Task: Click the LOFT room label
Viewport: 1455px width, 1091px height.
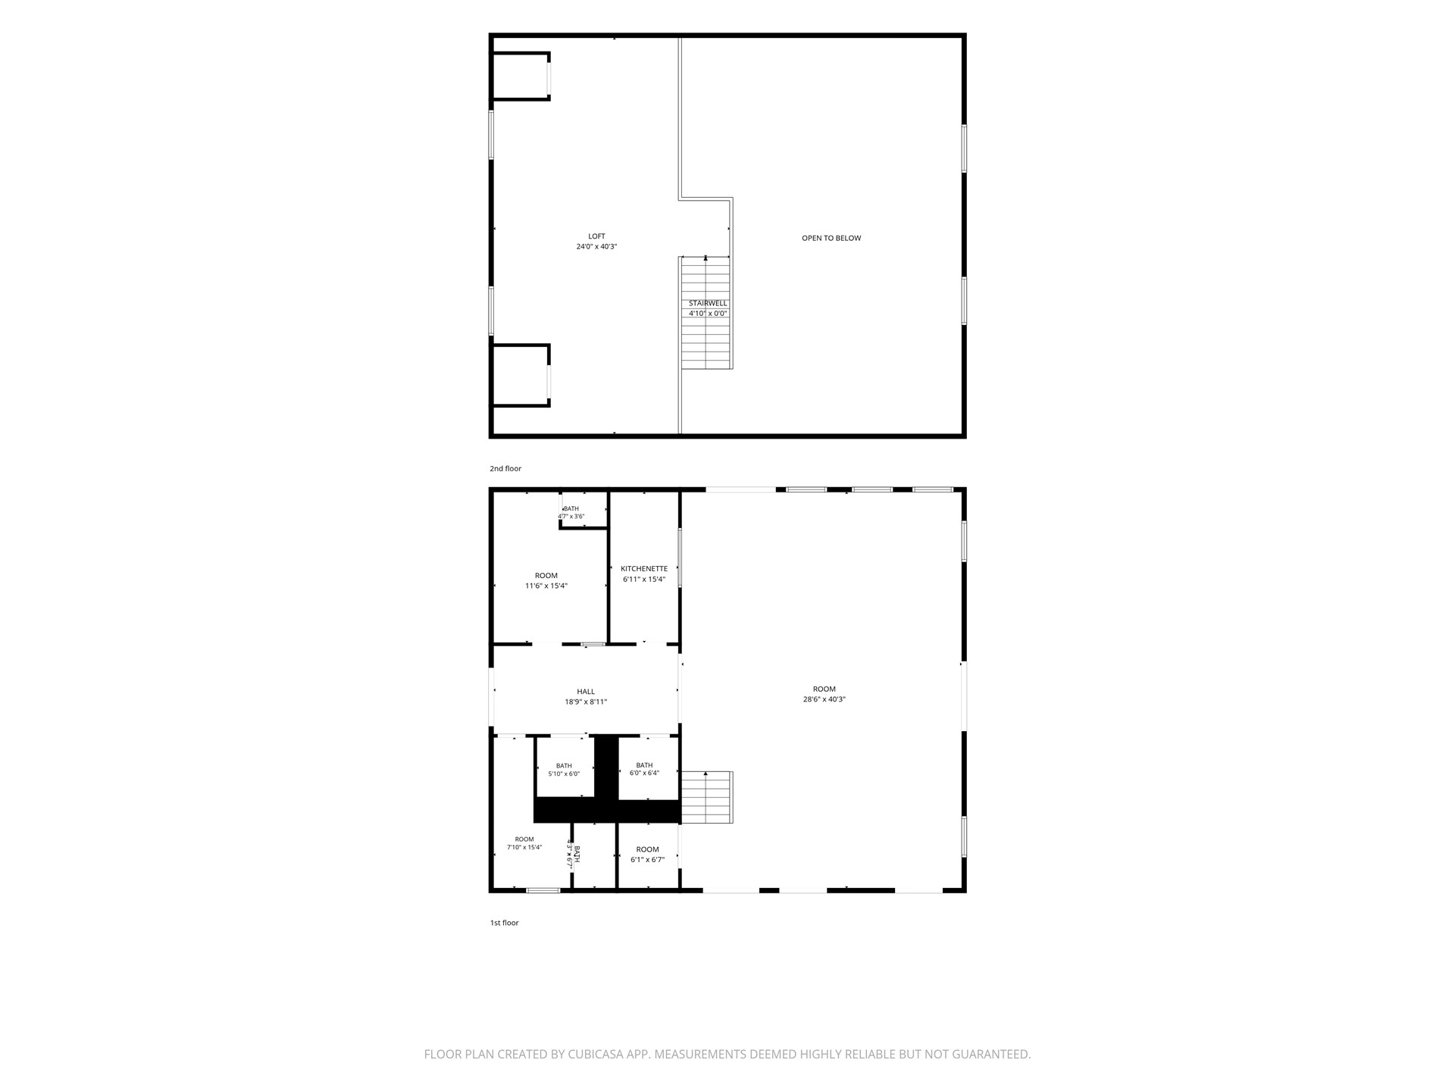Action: tap(597, 236)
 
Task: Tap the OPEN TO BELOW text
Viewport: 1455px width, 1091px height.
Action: tap(831, 238)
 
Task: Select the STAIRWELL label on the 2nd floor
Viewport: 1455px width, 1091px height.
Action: tap(708, 303)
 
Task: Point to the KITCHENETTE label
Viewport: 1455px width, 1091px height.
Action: tap(644, 569)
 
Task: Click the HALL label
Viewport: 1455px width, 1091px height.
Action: tap(586, 692)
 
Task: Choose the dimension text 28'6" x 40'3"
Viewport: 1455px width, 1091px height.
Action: tap(824, 699)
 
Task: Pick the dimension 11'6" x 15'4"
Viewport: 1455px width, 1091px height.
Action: tap(546, 586)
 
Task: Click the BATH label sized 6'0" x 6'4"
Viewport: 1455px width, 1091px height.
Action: tap(644, 765)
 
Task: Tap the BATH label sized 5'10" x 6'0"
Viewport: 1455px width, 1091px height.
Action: tap(564, 766)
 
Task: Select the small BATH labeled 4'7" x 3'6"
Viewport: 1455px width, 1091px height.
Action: tap(571, 508)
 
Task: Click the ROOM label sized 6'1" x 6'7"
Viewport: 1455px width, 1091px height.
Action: tap(648, 849)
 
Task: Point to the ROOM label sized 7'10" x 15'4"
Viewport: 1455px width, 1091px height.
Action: tap(524, 839)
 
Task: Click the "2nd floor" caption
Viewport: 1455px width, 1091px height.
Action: tap(505, 469)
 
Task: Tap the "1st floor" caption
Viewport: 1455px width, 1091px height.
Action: tap(505, 923)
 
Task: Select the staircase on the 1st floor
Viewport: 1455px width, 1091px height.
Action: tap(707, 797)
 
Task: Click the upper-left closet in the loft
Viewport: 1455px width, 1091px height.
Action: tap(521, 76)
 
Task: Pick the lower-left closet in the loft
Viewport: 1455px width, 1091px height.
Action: tap(521, 376)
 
